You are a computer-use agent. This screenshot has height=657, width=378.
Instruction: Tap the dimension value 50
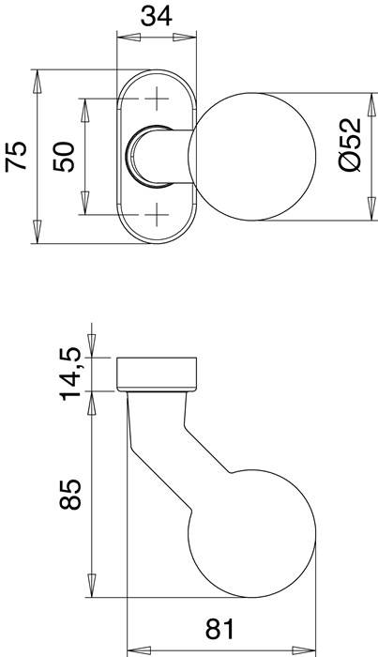[x=64, y=156]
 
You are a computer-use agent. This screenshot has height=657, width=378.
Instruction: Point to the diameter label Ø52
[x=348, y=145]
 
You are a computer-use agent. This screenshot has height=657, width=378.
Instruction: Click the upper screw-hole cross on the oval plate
[x=155, y=97]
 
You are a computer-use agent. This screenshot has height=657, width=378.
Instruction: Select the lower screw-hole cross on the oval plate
[x=155, y=215]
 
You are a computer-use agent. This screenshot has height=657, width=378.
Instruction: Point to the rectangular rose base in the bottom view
[x=157, y=373]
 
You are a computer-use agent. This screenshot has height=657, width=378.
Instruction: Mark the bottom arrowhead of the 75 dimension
[x=38, y=233]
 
